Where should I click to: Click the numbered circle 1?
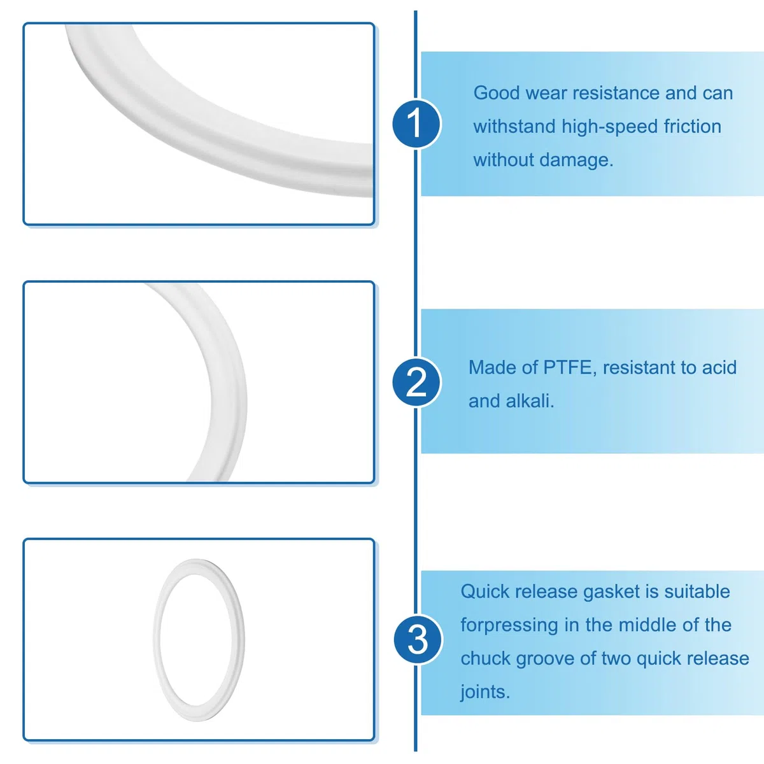[x=416, y=124]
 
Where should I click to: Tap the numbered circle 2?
[x=416, y=383]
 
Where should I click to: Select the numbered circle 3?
[x=418, y=640]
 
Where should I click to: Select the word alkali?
[x=530, y=401]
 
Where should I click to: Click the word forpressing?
[x=509, y=626]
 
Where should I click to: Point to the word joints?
[x=485, y=693]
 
